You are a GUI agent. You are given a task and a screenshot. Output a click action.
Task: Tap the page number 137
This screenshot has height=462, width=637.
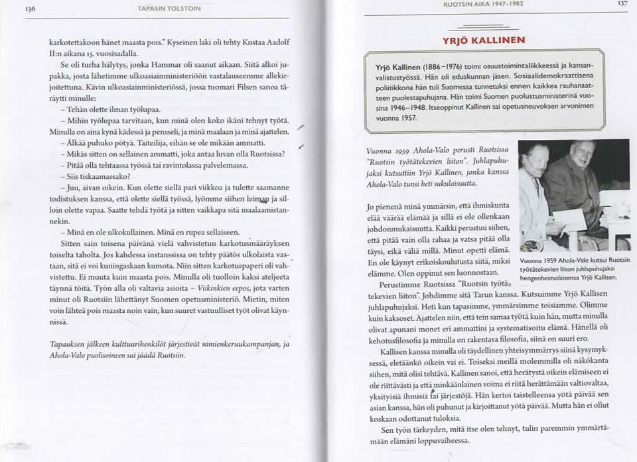(621, 3)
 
